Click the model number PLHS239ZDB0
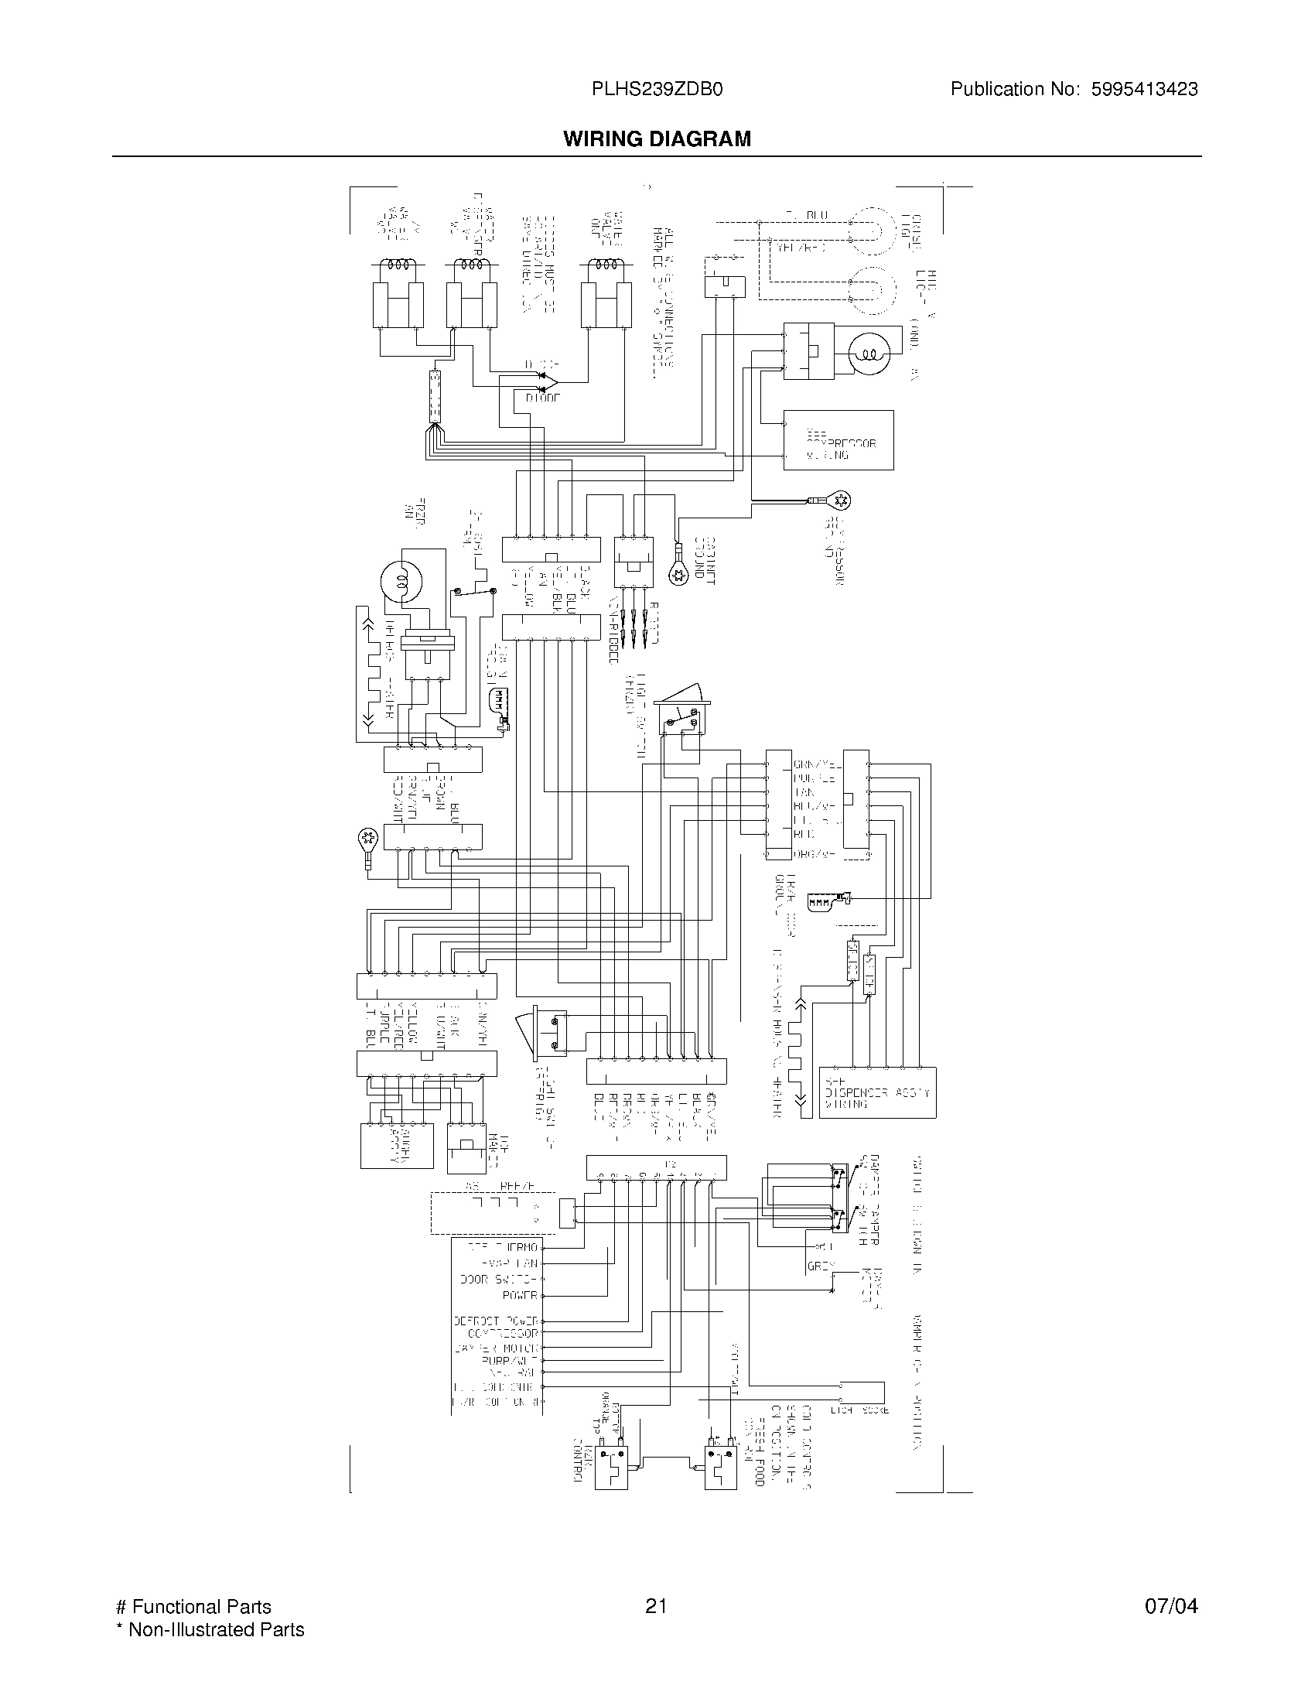657,90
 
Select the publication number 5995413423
1144,90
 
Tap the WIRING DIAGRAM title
657,138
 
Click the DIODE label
542,398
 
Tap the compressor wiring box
838,440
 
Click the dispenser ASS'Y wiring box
877,1092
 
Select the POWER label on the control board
520,1295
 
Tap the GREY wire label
821,1266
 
